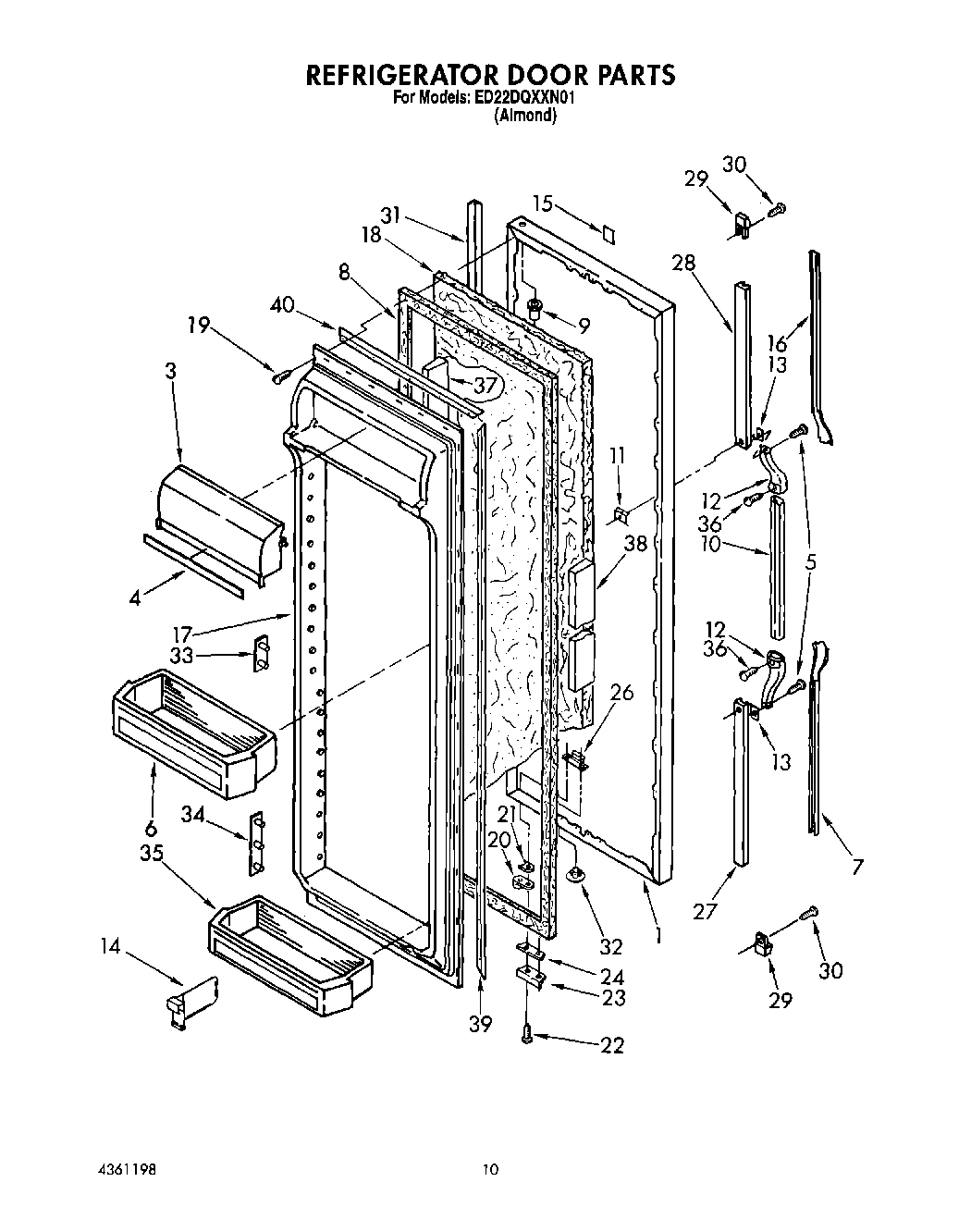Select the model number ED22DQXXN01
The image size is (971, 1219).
pos(525,99)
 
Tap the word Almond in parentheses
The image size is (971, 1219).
pos(525,116)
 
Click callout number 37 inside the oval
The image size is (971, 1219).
pos(485,385)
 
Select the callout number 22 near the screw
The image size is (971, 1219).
pos(611,1045)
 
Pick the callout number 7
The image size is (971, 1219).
pos(857,867)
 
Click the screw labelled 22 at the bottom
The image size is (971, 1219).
pos(527,1034)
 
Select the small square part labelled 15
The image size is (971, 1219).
pos(608,232)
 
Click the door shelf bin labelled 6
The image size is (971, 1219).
pos(194,731)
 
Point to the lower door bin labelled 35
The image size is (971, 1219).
pos(289,953)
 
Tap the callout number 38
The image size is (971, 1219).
pos(635,545)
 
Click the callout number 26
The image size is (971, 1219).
pos(622,691)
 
